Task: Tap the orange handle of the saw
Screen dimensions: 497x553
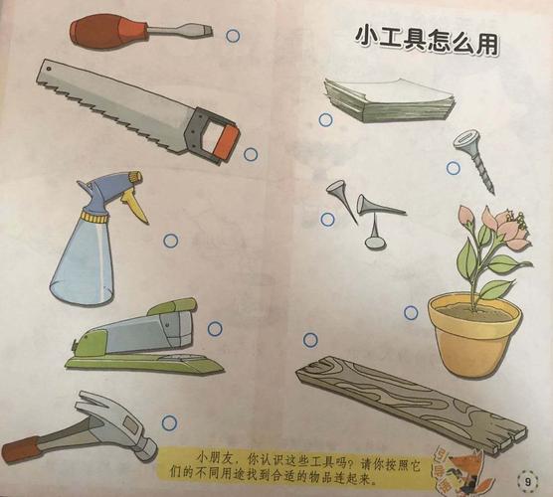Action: click(x=213, y=135)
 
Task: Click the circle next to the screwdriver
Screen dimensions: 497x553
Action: click(x=233, y=36)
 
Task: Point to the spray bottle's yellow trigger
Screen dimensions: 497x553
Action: click(x=136, y=203)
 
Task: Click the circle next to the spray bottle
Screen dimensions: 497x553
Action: click(x=170, y=240)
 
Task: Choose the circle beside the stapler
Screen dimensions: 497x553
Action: click(x=215, y=328)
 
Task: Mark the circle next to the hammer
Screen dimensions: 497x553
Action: click(x=169, y=422)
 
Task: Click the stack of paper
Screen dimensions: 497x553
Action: click(x=388, y=99)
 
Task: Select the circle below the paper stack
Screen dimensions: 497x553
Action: click(x=325, y=120)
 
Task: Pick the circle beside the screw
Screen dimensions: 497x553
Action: click(x=453, y=168)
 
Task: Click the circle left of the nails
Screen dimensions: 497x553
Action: click(x=326, y=219)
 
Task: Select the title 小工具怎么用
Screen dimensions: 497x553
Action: click(x=427, y=40)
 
